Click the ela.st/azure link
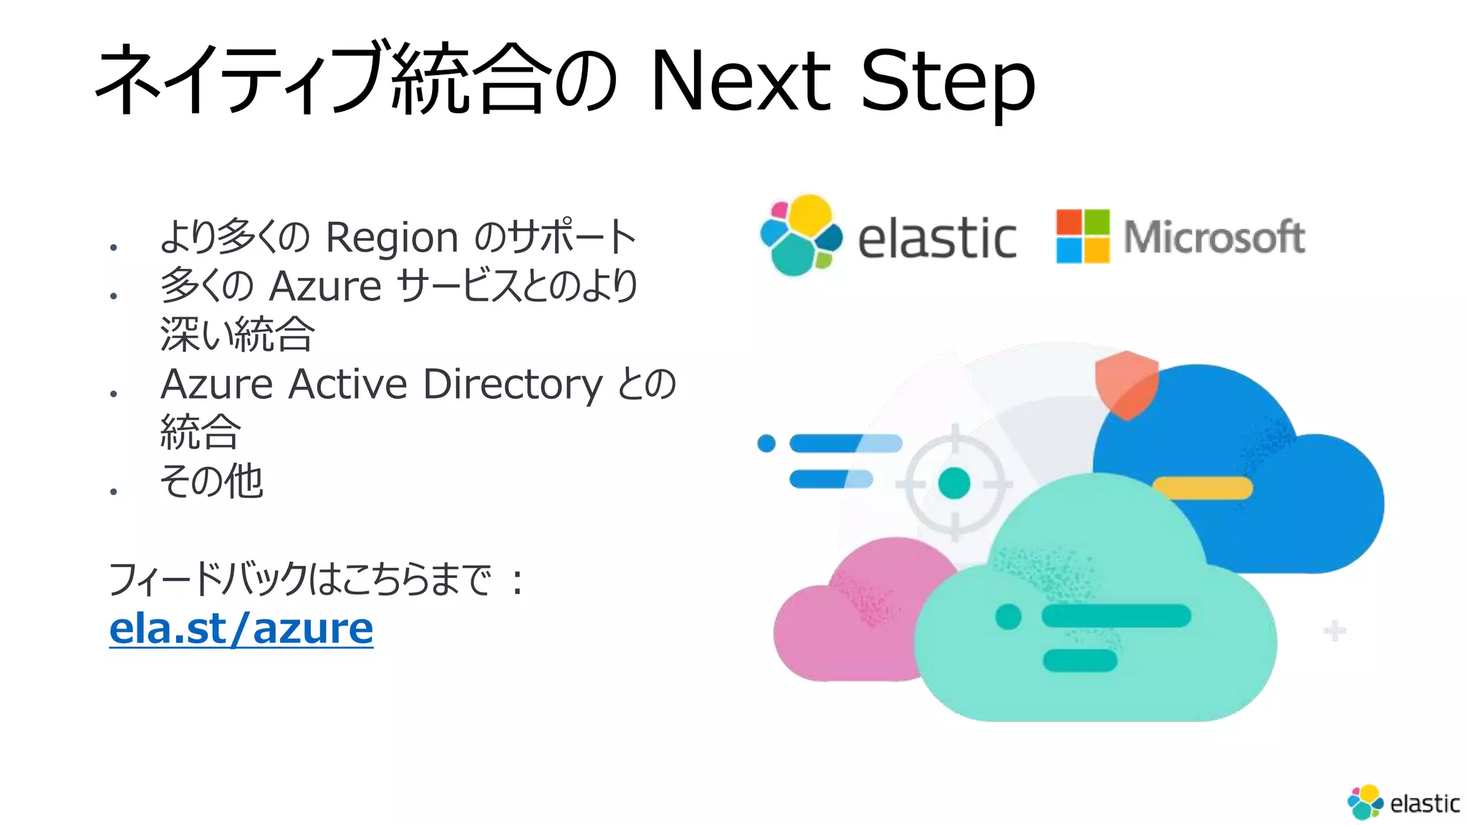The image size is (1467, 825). (x=241, y=629)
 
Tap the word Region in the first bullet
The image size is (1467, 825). (x=391, y=238)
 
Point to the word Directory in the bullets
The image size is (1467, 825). (x=513, y=385)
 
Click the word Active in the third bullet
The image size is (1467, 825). (x=348, y=384)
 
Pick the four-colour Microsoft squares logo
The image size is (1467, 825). (x=1082, y=236)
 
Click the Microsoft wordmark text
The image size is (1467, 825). (x=1214, y=237)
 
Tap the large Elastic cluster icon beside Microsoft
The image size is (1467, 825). (x=801, y=235)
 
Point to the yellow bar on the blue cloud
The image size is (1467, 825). (x=1203, y=488)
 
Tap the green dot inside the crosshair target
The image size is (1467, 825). (x=953, y=483)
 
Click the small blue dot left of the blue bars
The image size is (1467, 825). (x=766, y=443)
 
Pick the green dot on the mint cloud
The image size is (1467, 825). (x=1008, y=616)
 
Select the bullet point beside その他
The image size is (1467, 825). (x=113, y=491)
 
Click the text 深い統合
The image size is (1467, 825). (x=237, y=334)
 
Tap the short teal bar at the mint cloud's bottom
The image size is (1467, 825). (x=1079, y=660)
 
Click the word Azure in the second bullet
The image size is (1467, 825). (x=325, y=286)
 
